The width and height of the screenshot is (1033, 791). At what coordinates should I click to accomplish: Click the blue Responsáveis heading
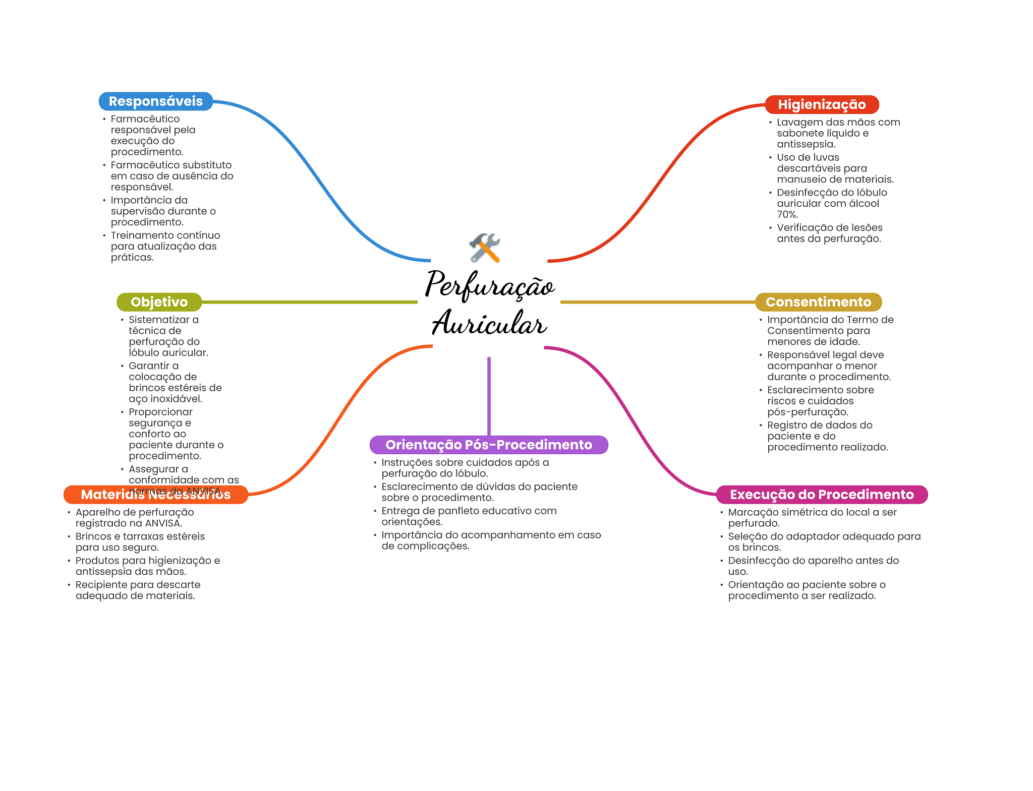pos(155,101)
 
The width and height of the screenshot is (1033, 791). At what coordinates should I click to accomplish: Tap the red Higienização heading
pos(821,105)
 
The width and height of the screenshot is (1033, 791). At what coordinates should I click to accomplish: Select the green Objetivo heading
pos(159,302)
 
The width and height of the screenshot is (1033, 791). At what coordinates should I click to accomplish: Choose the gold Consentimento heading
pos(818,302)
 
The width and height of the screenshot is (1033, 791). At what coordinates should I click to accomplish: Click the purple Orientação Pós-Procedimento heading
pos(488,445)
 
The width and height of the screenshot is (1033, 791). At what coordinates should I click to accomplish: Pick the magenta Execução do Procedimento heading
pos(821,495)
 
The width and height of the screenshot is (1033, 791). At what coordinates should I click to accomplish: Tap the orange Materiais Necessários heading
pos(155,495)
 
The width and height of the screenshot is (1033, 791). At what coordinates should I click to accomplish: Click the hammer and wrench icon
pos(485,248)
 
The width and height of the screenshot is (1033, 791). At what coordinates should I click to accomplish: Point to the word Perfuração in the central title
pos(489,285)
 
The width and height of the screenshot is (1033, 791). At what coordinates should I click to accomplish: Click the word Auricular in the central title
pos(489,323)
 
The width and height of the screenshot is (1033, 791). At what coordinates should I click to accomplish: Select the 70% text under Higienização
pos(787,215)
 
